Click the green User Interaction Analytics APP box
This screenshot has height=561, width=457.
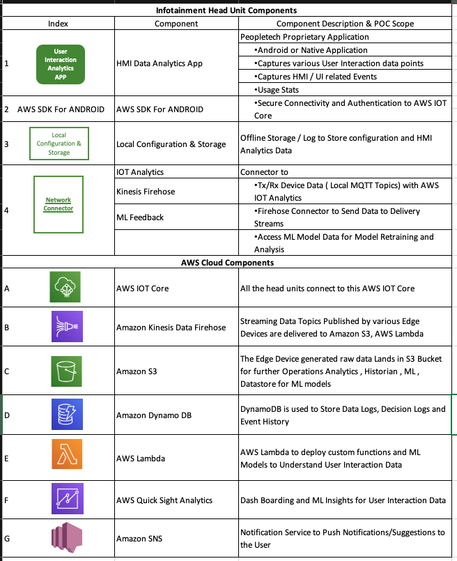60,63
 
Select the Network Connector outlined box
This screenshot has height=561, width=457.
59,204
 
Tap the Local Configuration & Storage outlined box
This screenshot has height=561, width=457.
59,143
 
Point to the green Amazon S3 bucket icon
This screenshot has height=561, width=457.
66,371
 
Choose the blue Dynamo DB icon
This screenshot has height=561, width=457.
66,415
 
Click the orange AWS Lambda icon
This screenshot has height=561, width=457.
66,457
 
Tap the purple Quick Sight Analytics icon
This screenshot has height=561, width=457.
66,500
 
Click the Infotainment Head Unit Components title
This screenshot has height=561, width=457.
228,10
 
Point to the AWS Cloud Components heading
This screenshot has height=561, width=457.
228,263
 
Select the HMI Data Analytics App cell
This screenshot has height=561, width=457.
159,63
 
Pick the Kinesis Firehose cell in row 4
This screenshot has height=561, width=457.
146,190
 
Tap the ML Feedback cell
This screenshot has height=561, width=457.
140,217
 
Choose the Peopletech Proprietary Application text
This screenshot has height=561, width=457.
304,36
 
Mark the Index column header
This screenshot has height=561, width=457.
58,24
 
